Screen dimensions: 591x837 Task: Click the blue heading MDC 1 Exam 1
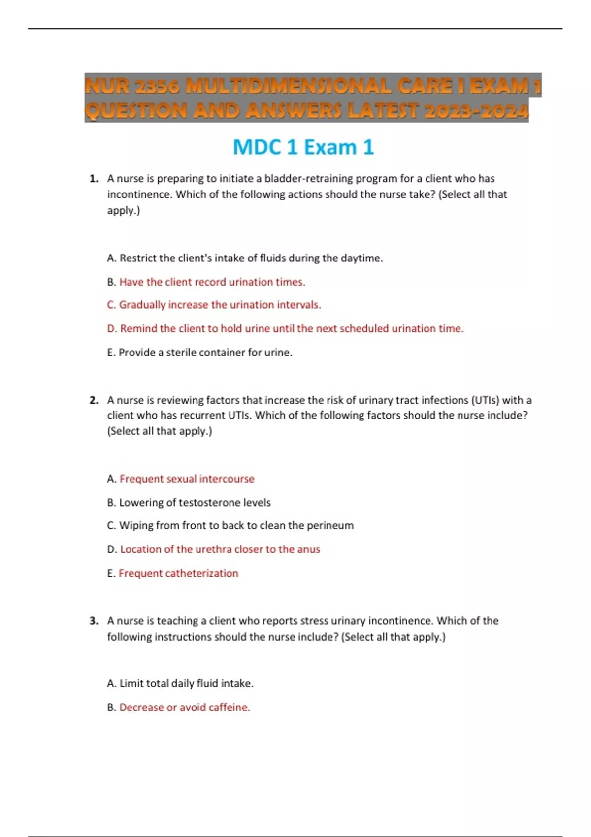pyautogui.click(x=303, y=147)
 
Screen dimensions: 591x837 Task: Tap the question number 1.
pyautogui.click(x=94, y=179)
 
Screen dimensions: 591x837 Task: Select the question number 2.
pyautogui.click(x=94, y=400)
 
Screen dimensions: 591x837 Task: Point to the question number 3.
pyautogui.click(x=94, y=621)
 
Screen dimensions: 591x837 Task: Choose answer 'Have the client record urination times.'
pyautogui.click(x=212, y=282)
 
